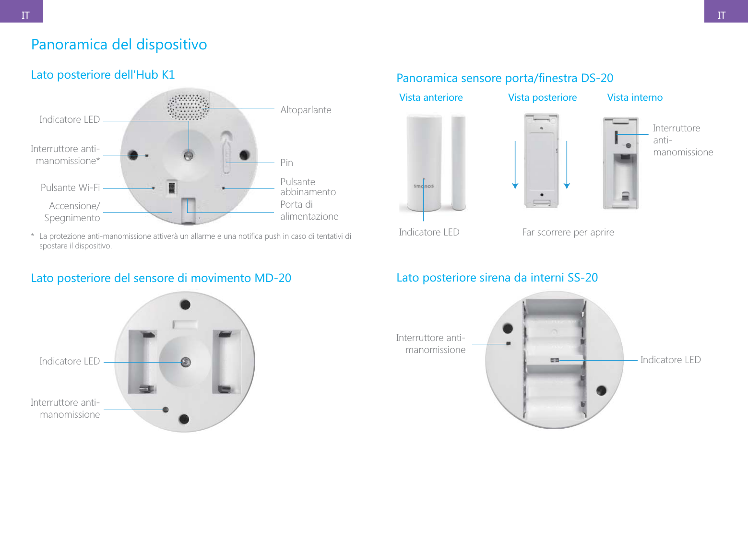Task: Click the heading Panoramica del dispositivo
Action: (119, 45)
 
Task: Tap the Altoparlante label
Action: (306, 110)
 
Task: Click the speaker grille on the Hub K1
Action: (189, 107)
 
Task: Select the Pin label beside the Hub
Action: (286, 163)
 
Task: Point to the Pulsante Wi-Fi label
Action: (70, 188)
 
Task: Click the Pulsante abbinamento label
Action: (308, 187)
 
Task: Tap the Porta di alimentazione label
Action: (309, 211)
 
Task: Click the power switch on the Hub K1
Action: (171, 187)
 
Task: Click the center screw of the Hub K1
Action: (189, 155)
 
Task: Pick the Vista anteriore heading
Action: (431, 97)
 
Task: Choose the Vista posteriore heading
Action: (542, 97)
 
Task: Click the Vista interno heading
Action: (635, 97)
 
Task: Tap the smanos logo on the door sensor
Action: (424, 186)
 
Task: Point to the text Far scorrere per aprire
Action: (568, 232)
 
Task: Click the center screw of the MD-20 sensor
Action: (186, 362)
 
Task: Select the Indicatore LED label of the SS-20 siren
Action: (670, 360)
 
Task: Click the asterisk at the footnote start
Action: (33, 236)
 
